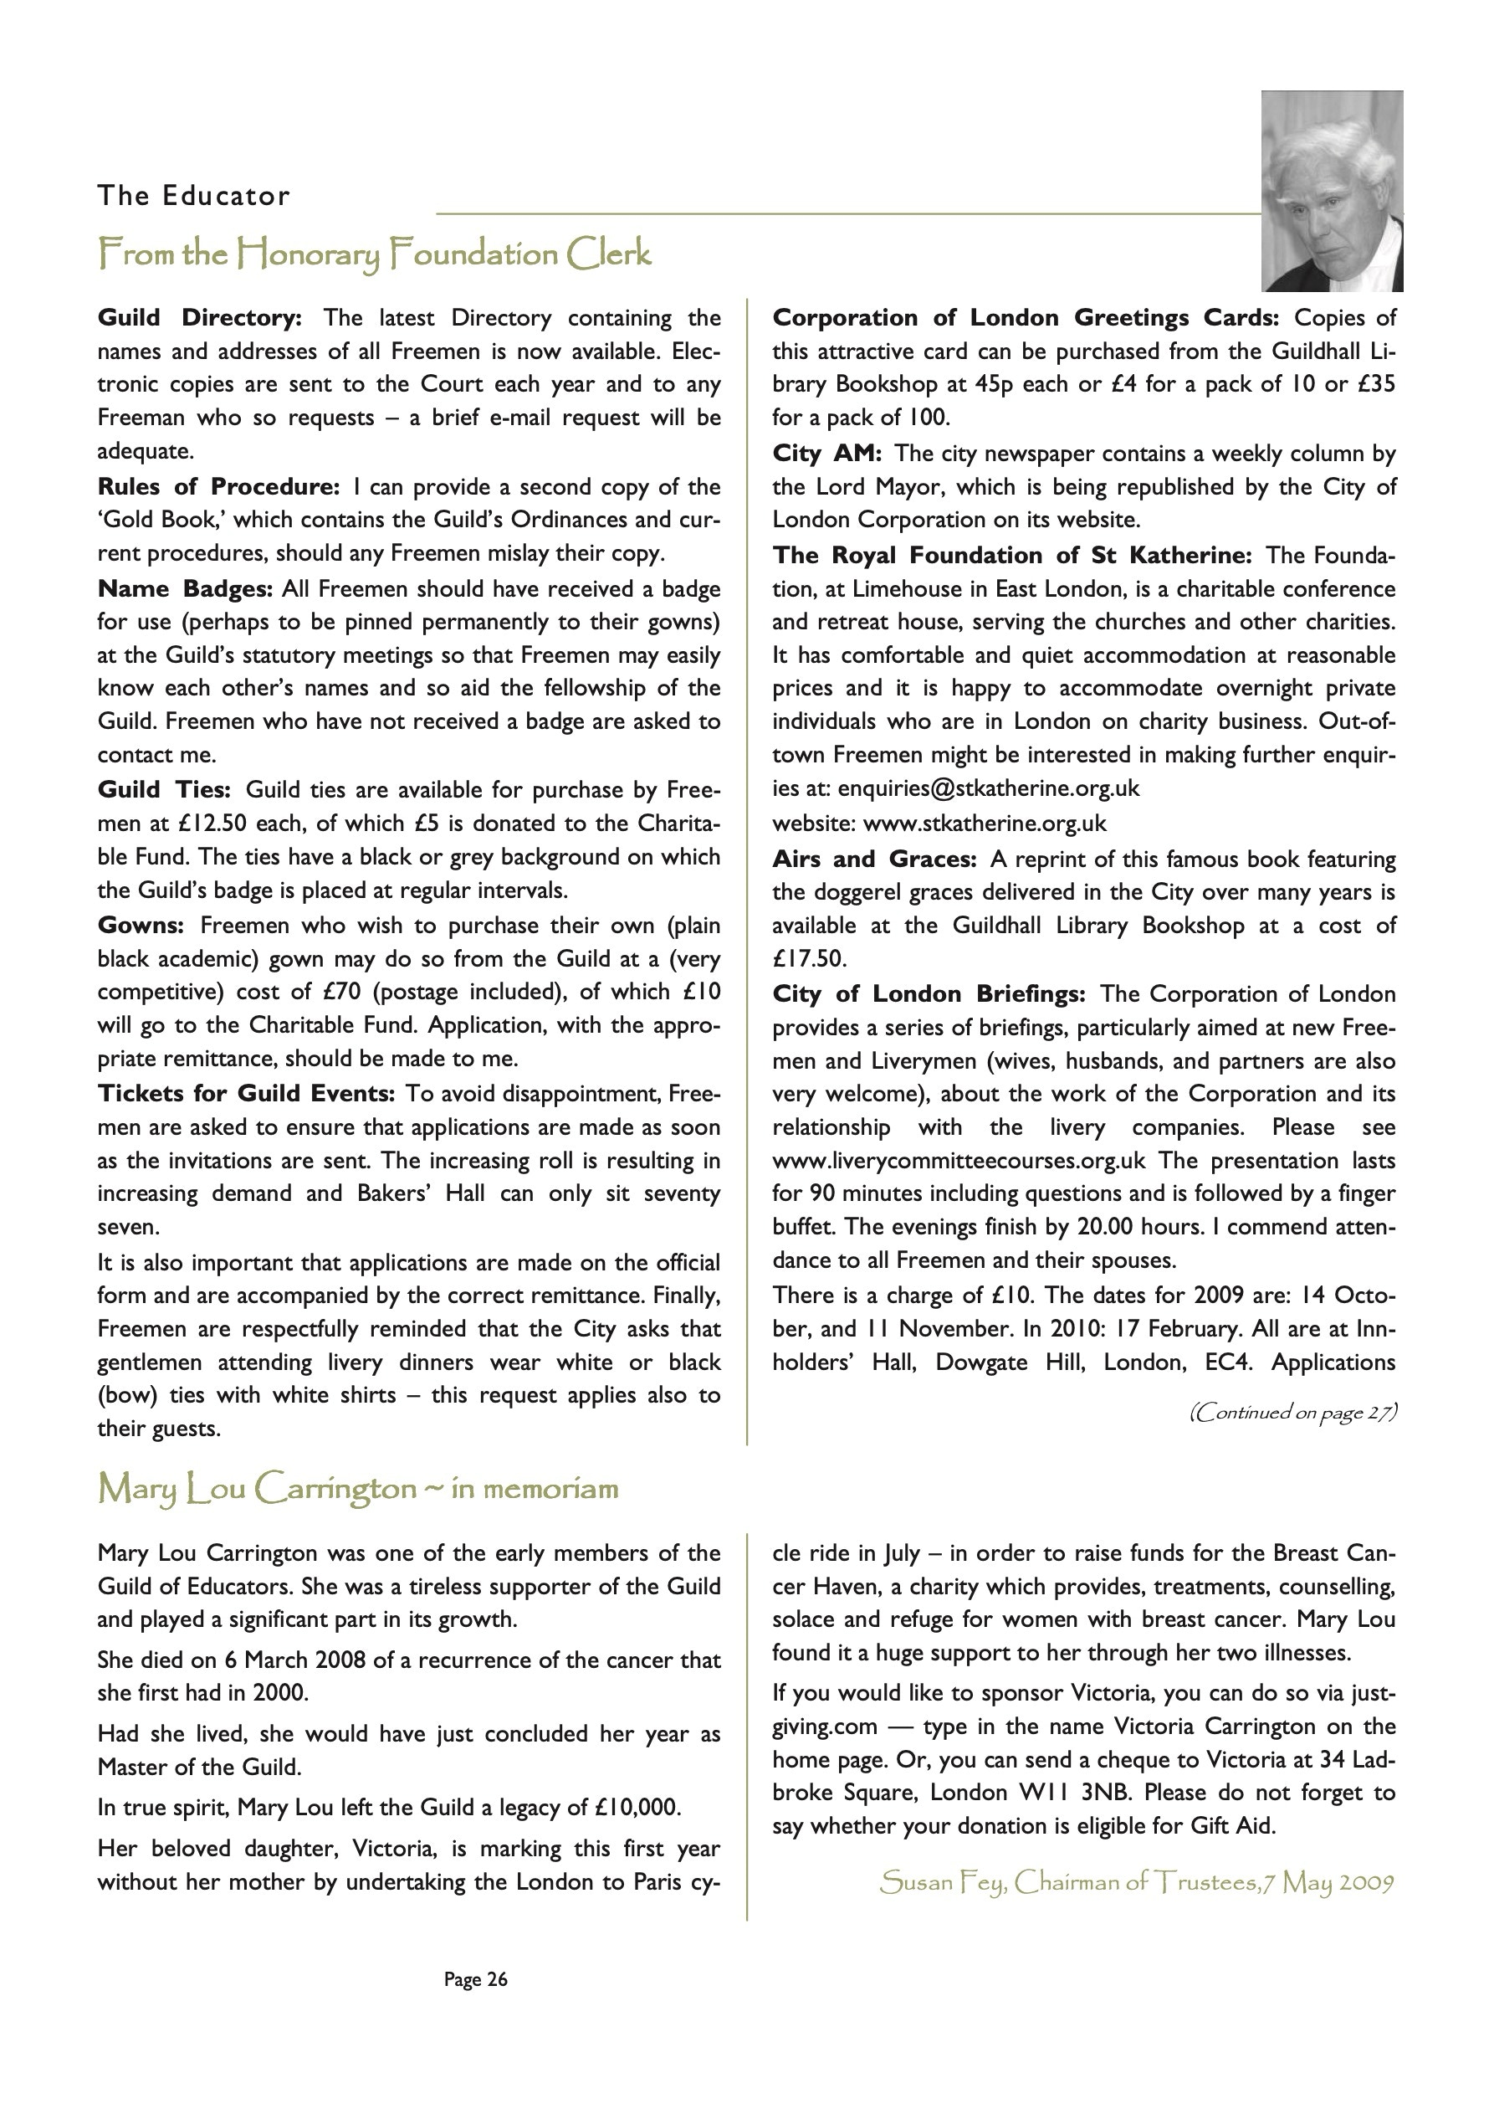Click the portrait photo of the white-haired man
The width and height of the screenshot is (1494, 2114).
click(x=1331, y=191)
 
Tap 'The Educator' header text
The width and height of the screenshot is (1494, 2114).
click(x=193, y=196)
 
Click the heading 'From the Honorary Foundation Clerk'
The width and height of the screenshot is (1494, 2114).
click(x=375, y=254)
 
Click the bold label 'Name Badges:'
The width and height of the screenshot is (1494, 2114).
click(x=185, y=588)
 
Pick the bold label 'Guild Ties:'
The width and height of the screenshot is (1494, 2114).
click(x=165, y=789)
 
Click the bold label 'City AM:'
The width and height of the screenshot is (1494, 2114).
click(x=826, y=453)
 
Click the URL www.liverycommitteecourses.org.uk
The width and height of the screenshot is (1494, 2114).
click(x=959, y=1160)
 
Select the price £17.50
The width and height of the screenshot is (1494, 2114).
click(x=808, y=958)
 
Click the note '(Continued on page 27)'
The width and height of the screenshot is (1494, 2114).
click(x=1292, y=1413)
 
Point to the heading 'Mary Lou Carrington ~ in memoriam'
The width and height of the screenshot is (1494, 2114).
click(x=358, y=1488)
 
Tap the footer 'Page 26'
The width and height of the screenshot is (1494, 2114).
click(x=475, y=1978)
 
